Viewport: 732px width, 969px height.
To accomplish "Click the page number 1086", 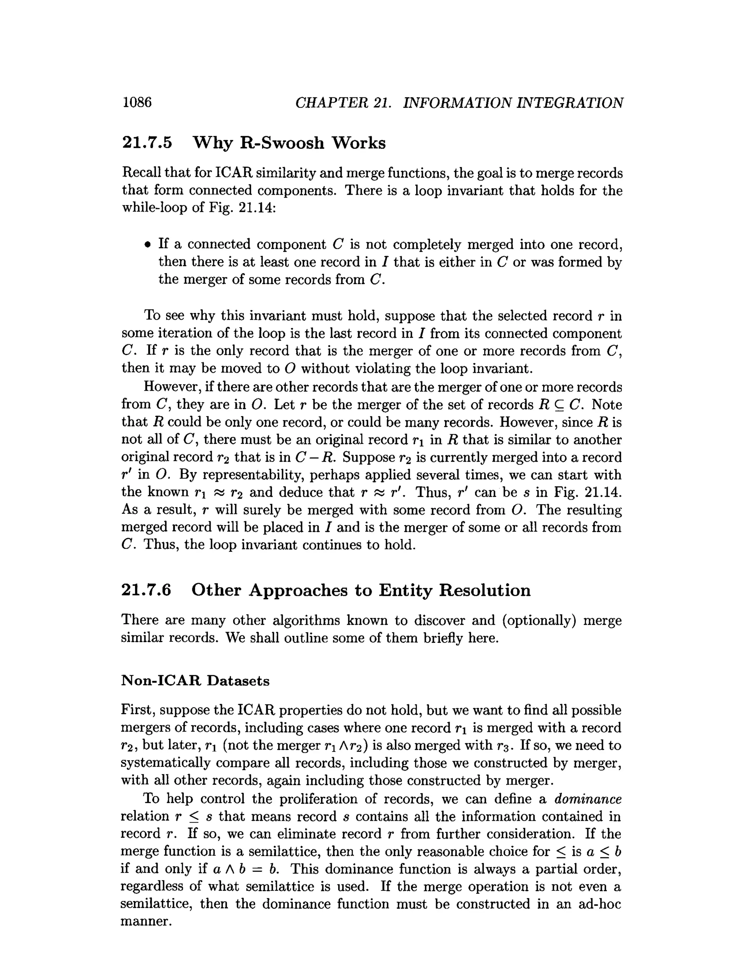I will pos(137,102).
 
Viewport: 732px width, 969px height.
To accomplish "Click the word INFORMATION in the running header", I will pos(457,103).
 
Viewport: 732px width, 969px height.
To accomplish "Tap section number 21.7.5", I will pos(147,143).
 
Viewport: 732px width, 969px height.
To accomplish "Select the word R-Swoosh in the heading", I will pos(282,143).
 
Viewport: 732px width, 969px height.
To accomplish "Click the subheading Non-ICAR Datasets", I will pos(195,680).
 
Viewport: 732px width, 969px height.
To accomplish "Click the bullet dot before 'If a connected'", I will pos(148,244).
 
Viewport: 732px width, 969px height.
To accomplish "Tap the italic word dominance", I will pos(588,799).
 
